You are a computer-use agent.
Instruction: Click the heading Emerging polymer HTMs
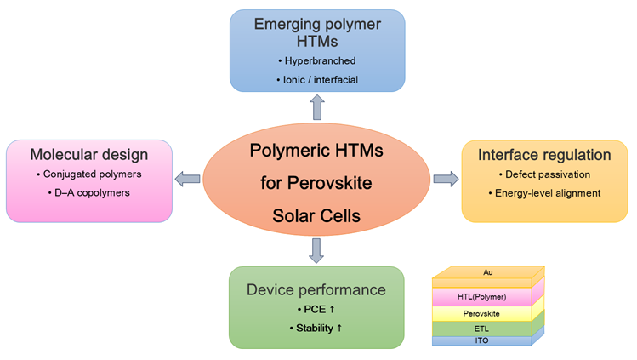pyautogui.click(x=316, y=31)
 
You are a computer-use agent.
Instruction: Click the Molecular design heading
pyautogui.click(x=89, y=154)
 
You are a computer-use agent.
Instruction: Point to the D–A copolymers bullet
pyautogui.click(x=89, y=193)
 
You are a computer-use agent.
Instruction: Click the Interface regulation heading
pyautogui.click(x=544, y=155)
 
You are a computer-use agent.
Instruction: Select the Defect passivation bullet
pyautogui.click(x=544, y=175)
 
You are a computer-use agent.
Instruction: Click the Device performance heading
pyautogui.click(x=316, y=290)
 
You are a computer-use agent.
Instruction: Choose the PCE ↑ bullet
pyautogui.click(x=316, y=310)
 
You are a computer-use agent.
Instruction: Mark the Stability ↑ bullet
pyautogui.click(x=316, y=328)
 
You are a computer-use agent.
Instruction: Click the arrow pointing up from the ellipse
pyautogui.click(x=316, y=106)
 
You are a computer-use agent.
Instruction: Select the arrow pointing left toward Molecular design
pyautogui.click(x=187, y=179)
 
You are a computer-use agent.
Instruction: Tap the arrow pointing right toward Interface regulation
pyautogui.click(x=445, y=179)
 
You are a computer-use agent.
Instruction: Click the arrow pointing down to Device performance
pyautogui.click(x=316, y=250)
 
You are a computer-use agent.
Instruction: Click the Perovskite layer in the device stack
pyautogui.click(x=481, y=313)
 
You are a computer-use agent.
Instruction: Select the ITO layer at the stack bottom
pyautogui.click(x=481, y=340)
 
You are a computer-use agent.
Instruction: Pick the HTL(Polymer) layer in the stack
pyautogui.click(x=481, y=296)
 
